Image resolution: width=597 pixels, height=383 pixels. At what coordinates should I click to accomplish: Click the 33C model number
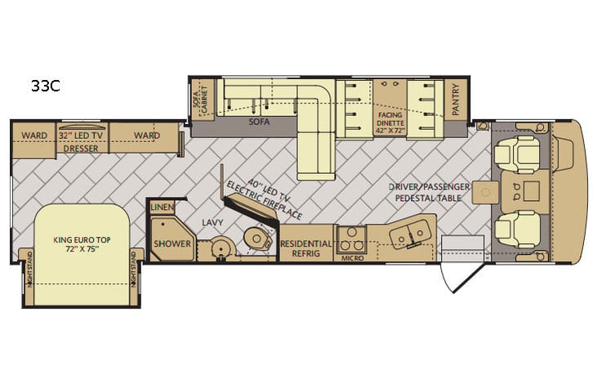click(45, 86)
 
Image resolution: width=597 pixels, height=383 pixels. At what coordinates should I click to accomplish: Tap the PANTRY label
click(456, 100)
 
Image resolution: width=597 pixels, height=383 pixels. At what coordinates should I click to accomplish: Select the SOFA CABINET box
click(203, 100)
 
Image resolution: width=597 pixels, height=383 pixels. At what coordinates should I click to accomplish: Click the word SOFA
click(259, 122)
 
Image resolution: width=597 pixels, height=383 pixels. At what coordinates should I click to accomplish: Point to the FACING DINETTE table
click(390, 107)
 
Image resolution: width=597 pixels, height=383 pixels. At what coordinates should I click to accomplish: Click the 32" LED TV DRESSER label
click(81, 142)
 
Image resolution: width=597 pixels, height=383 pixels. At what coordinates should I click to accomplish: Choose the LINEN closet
click(163, 207)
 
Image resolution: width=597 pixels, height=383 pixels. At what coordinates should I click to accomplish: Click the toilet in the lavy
click(258, 238)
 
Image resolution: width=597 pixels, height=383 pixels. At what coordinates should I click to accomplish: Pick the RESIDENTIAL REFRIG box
click(306, 243)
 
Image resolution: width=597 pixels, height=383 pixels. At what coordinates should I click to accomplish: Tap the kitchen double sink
click(408, 234)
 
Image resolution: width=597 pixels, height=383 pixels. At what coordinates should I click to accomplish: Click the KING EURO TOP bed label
click(82, 244)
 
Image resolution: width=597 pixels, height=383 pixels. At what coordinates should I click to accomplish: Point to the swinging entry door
click(462, 277)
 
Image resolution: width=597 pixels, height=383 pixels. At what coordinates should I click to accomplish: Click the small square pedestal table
click(485, 193)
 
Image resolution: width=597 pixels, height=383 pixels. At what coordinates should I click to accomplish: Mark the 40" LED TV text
click(270, 189)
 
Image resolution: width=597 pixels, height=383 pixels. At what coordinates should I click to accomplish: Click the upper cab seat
click(517, 154)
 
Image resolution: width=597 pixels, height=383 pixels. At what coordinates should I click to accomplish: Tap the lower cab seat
click(517, 230)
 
